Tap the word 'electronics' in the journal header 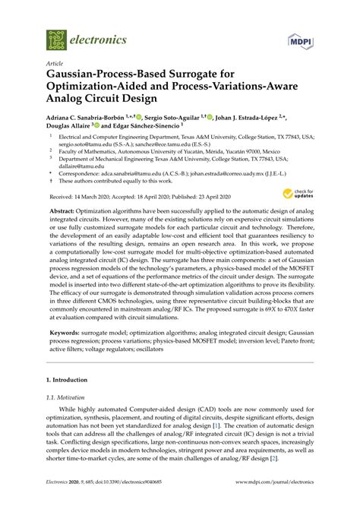[97, 37]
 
